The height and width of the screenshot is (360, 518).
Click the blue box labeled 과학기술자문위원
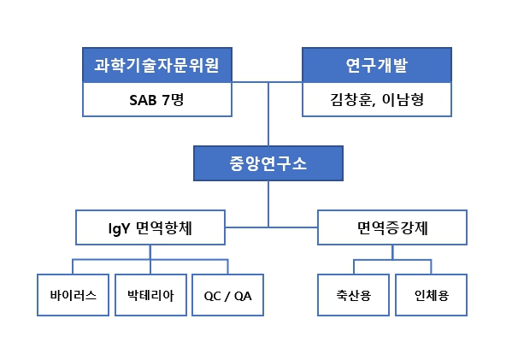pyautogui.click(x=157, y=66)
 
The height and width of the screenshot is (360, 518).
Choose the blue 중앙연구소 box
pyautogui.click(x=268, y=163)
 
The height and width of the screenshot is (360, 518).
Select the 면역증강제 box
pyautogui.click(x=392, y=227)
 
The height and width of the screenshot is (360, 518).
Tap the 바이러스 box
pyautogui.click(x=73, y=295)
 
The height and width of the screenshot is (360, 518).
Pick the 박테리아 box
pyautogui.click(x=150, y=295)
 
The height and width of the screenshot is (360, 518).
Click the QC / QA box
pyautogui.click(x=227, y=295)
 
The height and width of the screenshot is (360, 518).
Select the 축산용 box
pyautogui.click(x=353, y=295)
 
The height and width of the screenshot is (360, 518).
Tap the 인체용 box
pyautogui.click(x=431, y=295)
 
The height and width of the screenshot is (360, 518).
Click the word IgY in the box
pyautogui.click(x=118, y=228)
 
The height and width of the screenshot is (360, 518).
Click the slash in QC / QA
pyautogui.click(x=227, y=296)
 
